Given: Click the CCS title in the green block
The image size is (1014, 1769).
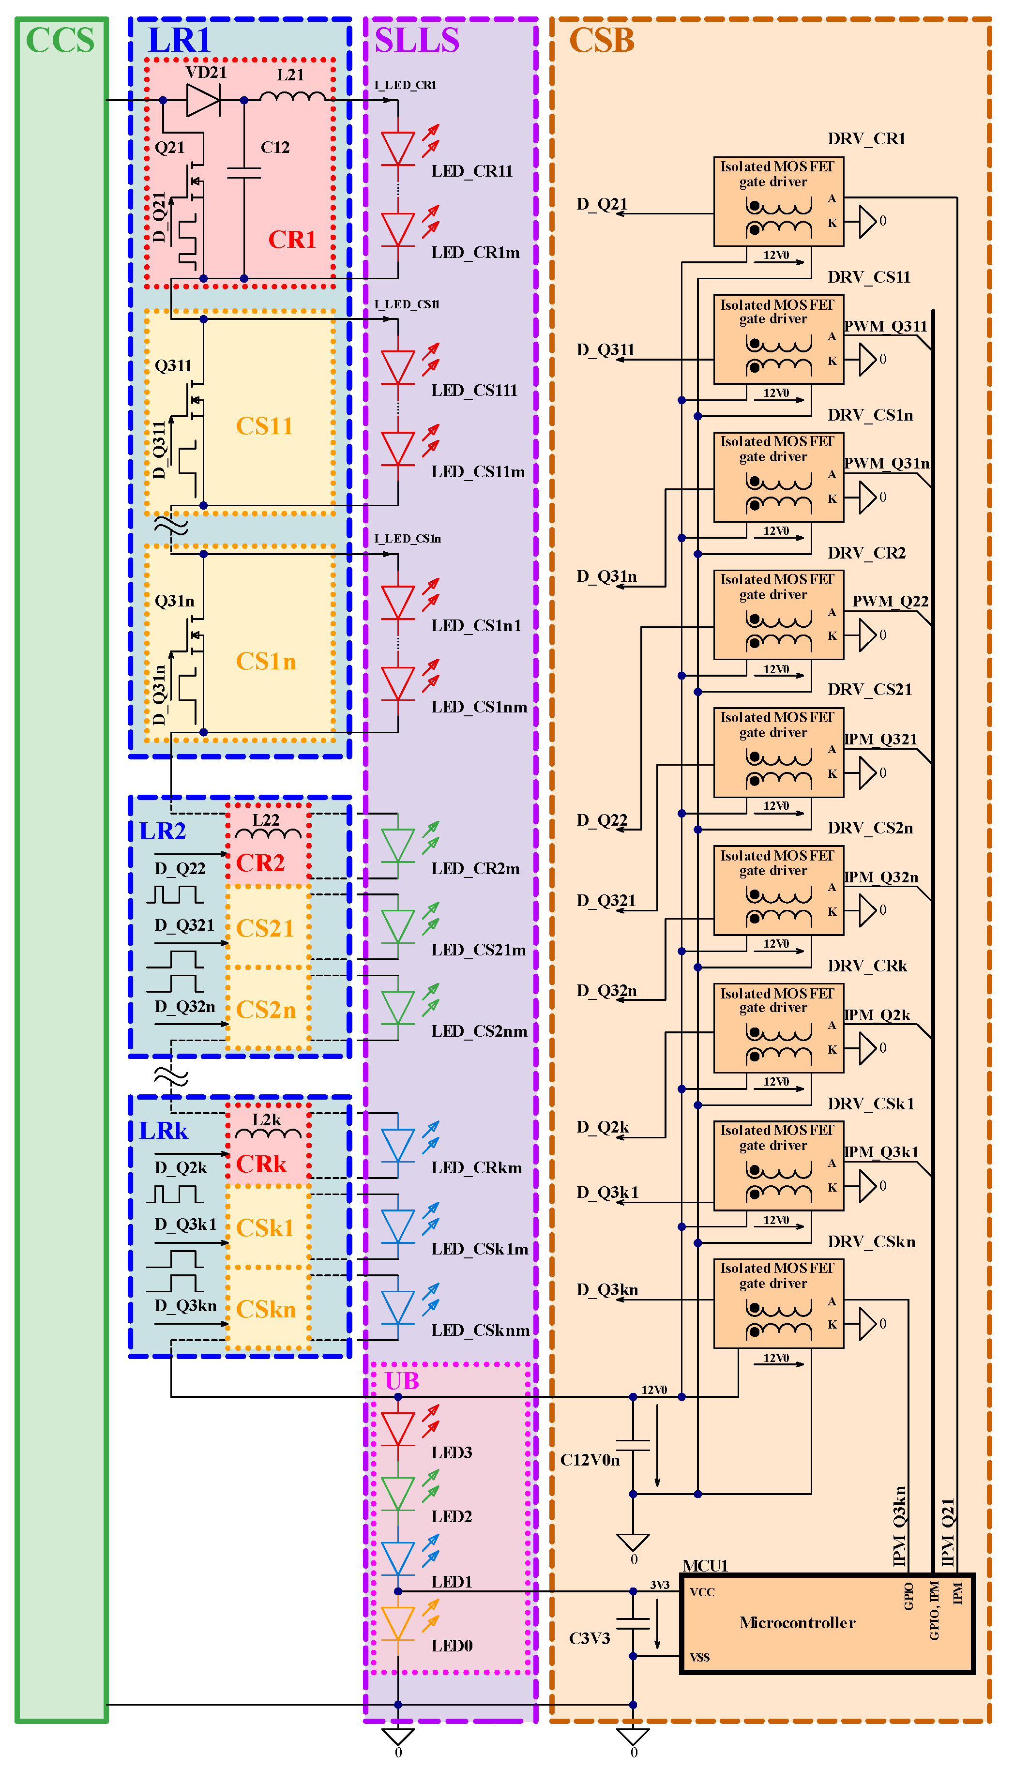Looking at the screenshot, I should pyautogui.click(x=60, y=40).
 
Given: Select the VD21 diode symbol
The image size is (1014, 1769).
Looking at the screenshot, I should pyautogui.click(x=203, y=100).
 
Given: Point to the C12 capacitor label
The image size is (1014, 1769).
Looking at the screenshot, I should pyautogui.click(x=275, y=148).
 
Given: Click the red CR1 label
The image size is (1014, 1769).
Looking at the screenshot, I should pyautogui.click(x=292, y=240).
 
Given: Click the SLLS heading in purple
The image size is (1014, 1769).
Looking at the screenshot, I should pyautogui.click(x=417, y=40).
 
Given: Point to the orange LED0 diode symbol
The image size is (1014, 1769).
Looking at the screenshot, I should pyautogui.click(x=398, y=1624).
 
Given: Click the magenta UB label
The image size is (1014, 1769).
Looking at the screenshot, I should pyautogui.click(x=402, y=1381).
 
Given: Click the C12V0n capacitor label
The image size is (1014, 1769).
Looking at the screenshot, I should pyautogui.click(x=590, y=1460).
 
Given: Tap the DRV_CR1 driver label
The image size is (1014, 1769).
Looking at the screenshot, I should pyautogui.click(x=866, y=138).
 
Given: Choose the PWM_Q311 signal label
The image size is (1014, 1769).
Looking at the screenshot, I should pyautogui.click(x=885, y=327).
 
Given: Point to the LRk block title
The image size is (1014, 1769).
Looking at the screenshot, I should pyautogui.click(x=164, y=1131).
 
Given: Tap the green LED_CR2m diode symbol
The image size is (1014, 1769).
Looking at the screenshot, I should pyautogui.click(x=398, y=845).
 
